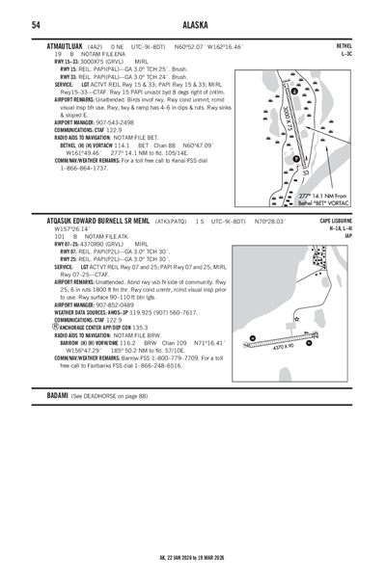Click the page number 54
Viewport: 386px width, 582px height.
[x=35, y=24]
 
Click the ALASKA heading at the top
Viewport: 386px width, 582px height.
[x=193, y=24]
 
